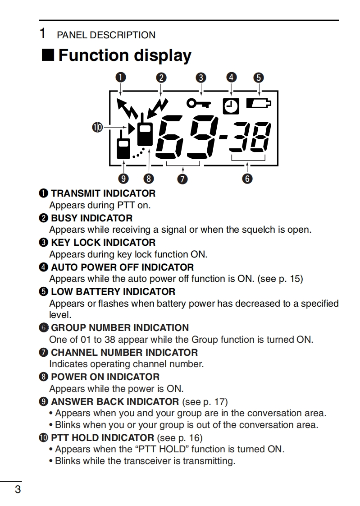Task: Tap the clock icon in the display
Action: point(231,106)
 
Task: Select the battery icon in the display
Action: point(259,104)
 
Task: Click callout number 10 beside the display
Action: point(97,128)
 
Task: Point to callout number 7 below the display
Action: point(182,179)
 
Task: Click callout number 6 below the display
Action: point(247,179)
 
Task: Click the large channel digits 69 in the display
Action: point(187,137)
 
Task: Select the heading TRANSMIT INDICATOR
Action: point(103,193)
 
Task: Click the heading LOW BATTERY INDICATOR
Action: point(113,292)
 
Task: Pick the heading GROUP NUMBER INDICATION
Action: point(119,328)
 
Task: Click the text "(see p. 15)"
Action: point(280,279)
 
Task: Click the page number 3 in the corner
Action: point(18,489)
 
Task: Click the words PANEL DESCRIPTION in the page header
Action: point(106,35)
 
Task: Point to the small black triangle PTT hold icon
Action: point(132,129)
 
